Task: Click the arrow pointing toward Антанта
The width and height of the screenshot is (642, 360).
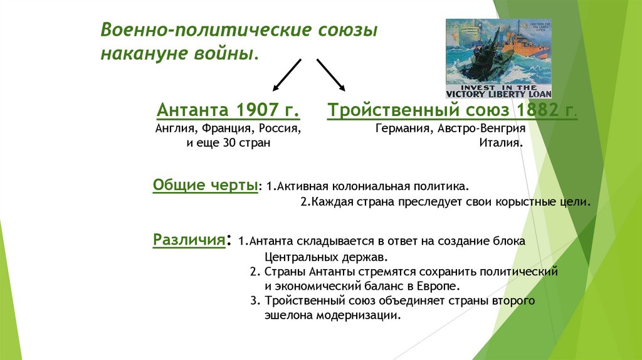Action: click(x=287, y=75)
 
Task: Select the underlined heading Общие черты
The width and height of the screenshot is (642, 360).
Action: click(x=206, y=186)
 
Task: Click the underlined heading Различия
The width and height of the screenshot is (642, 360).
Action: click(x=189, y=241)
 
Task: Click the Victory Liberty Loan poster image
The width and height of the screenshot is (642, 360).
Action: click(x=498, y=58)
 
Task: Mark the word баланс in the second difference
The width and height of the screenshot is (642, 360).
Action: click(x=390, y=286)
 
